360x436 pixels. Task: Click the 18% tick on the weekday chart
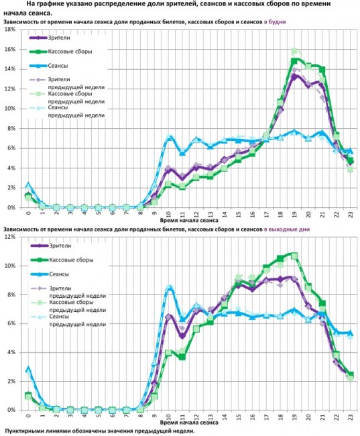click(x=10, y=30)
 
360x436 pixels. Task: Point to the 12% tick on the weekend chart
click(x=10, y=237)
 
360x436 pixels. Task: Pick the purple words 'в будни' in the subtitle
click(x=275, y=21)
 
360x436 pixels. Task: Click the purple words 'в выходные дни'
click(x=287, y=229)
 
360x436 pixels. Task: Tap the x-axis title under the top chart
click(x=189, y=220)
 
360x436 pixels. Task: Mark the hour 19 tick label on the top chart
click(x=294, y=215)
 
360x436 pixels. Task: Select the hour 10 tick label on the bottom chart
click(x=168, y=417)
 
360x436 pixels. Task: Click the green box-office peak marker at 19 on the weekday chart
click(x=294, y=61)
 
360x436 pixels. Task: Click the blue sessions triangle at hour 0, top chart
click(x=27, y=184)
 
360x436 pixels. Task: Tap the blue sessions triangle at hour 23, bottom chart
click(x=350, y=333)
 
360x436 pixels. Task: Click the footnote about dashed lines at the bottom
click(x=100, y=431)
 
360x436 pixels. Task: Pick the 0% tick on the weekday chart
click(x=11, y=208)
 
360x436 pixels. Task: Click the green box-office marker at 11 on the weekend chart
click(x=182, y=357)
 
